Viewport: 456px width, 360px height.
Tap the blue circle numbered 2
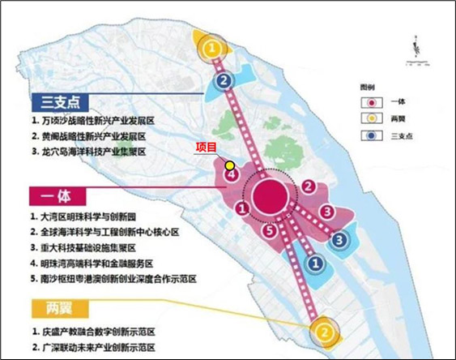point(222,81)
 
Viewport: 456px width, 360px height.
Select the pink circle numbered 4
point(231,174)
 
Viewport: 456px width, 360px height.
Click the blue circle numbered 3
point(341,239)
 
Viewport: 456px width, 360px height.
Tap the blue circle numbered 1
point(317,262)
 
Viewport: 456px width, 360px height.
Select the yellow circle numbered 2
point(322,332)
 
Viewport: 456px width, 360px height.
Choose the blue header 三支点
point(57,102)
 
